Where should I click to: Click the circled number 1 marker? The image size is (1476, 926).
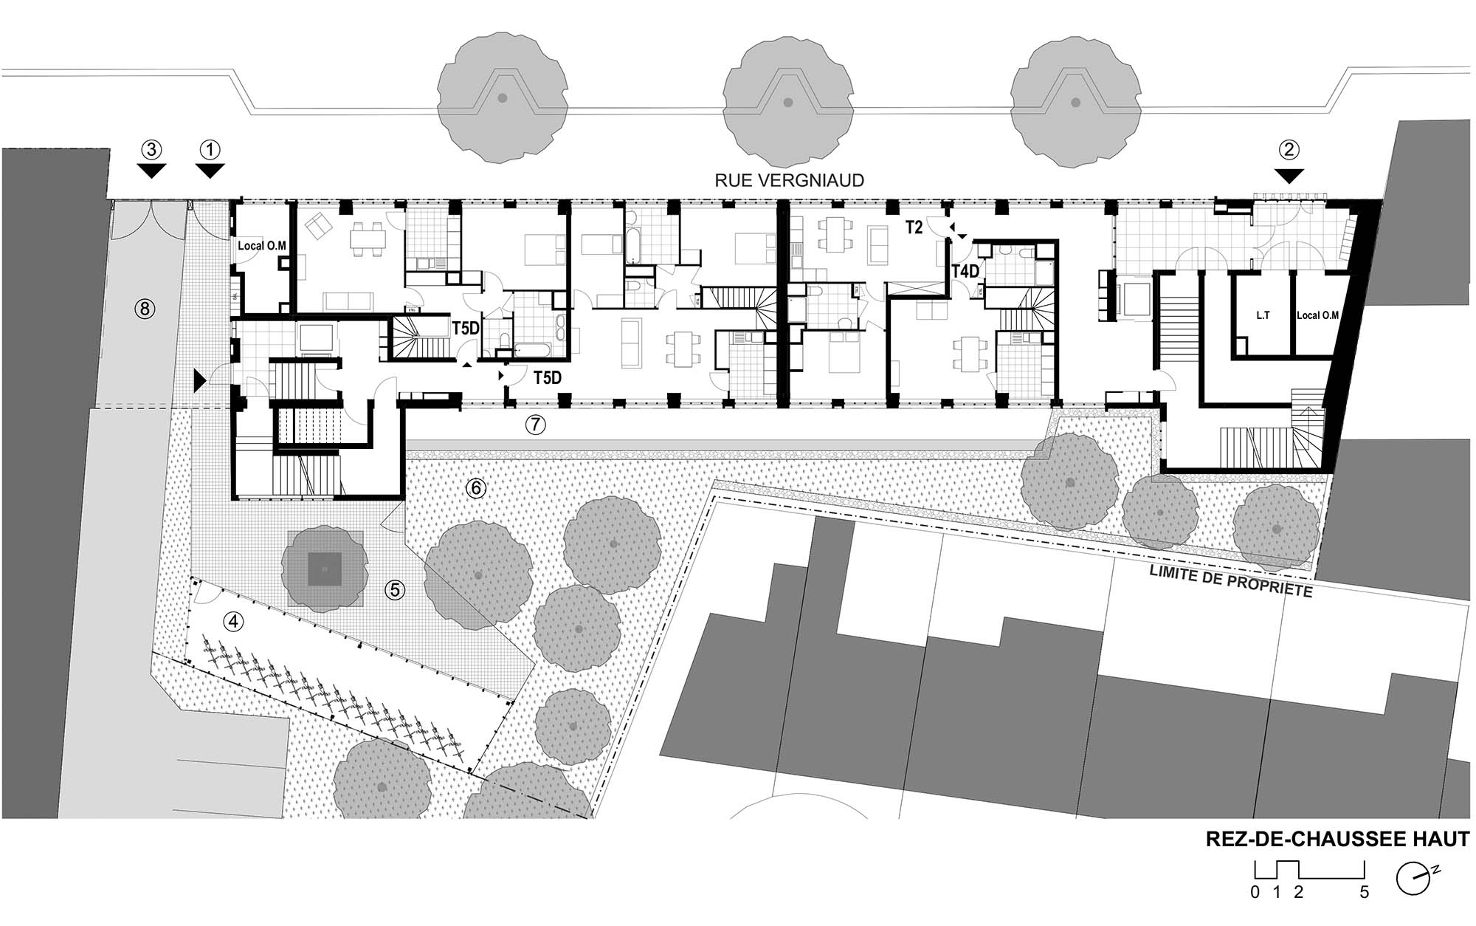pyautogui.click(x=210, y=151)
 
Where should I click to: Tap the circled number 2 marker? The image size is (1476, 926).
pyautogui.click(x=1289, y=150)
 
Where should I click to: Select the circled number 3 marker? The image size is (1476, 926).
pyautogui.click(x=151, y=151)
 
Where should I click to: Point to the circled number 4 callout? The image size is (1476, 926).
pyautogui.click(x=233, y=622)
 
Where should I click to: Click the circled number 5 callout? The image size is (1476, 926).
pyautogui.click(x=395, y=589)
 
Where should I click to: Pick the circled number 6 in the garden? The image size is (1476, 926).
pyautogui.click(x=476, y=488)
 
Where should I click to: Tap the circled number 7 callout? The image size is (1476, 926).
pyautogui.click(x=535, y=425)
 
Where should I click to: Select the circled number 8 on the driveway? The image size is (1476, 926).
pyautogui.click(x=145, y=308)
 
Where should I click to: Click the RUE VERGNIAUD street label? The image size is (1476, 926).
pyautogui.click(x=789, y=180)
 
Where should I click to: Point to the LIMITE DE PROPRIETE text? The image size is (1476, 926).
pyautogui.click(x=1231, y=582)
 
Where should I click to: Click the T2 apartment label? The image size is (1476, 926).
pyautogui.click(x=914, y=227)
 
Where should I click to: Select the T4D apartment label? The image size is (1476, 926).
pyautogui.click(x=965, y=272)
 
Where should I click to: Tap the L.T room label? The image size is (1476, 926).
pyautogui.click(x=1263, y=315)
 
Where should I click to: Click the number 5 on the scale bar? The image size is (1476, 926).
pyautogui.click(x=1365, y=893)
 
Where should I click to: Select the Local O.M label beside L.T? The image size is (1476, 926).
pyautogui.click(x=1317, y=315)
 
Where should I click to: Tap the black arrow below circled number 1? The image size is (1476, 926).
pyautogui.click(x=210, y=171)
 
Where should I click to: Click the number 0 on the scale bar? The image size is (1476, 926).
pyautogui.click(x=1255, y=893)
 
